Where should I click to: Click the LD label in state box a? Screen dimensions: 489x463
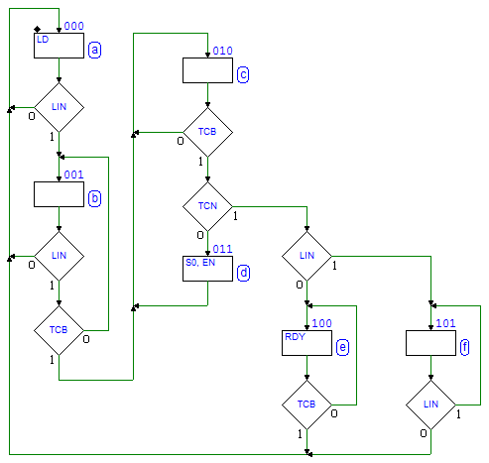pyautogui.click(x=43, y=40)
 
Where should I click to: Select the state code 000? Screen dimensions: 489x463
pyautogui.click(x=73, y=26)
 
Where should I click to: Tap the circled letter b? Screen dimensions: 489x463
pyautogui.click(x=94, y=198)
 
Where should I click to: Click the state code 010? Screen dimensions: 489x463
pyautogui.click(x=222, y=51)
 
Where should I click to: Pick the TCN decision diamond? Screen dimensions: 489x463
pyautogui.click(x=207, y=206)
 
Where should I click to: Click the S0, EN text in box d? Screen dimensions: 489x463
pyautogui.click(x=200, y=263)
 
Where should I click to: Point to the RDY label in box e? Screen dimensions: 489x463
pyautogui.click(x=295, y=337)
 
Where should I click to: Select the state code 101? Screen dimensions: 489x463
pyautogui.click(x=445, y=323)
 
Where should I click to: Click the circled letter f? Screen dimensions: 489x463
pyautogui.click(x=464, y=347)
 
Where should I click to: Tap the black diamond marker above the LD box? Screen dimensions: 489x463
pyautogui.click(x=38, y=30)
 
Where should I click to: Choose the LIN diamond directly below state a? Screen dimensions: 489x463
pyautogui.click(x=59, y=107)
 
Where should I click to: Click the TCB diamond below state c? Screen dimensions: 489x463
pyautogui.click(x=207, y=132)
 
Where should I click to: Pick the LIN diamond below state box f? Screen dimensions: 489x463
pyautogui.click(x=430, y=405)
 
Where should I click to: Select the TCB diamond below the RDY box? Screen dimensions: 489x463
pyautogui.click(x=306, y=405)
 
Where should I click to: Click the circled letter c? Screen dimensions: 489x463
pyautogui.click(x=243, y=74)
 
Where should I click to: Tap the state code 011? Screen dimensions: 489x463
pyautogui.click(x=222, y=249)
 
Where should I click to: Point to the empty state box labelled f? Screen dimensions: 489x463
pyautogui.click(x=430, y=343)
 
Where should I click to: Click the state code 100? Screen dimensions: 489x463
pyautogui.click(x=321, y=323)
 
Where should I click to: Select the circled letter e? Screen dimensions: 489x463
pyautogui.click(x=342, y=347)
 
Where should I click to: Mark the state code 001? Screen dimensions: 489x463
pyautogui.click(x=73, y=174)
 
